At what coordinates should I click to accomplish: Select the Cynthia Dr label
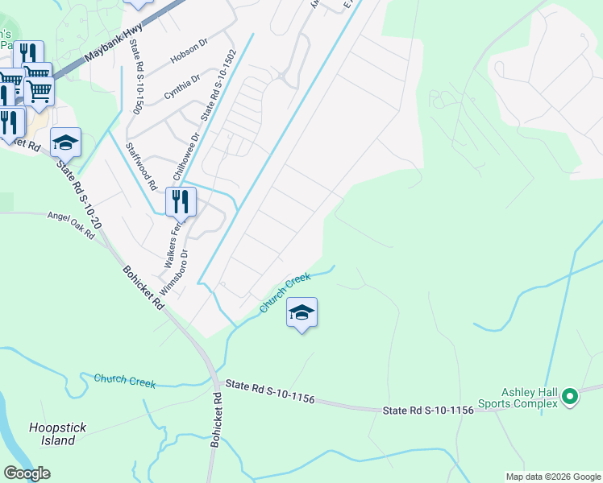click(x=183, y=87)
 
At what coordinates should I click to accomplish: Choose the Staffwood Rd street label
click(x=140, y=166)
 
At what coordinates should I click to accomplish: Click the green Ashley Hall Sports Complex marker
click(x=570, y=396)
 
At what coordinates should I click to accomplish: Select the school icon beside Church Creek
click(x=301, y=313)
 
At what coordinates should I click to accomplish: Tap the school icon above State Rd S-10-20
click(x=65, y=143)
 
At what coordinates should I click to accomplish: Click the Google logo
click(x=27, y=473)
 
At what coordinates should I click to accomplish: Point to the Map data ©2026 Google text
click(x=552, y=477)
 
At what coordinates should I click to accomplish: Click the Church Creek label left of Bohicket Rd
click(x=124, y=381)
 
